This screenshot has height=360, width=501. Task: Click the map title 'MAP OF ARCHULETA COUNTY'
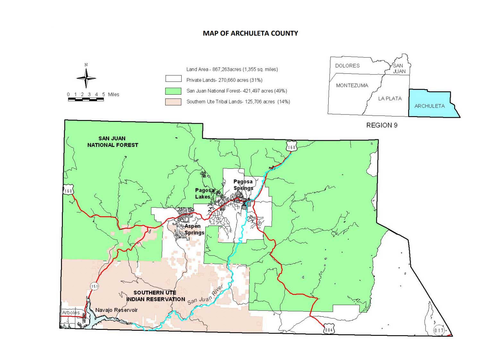click(x=250, y=33)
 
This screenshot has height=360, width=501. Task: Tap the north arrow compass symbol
click(x=86, y=78)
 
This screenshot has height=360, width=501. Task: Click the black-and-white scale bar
click(x=86, y=99)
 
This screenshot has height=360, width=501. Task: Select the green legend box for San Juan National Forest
click(x=173, y=91)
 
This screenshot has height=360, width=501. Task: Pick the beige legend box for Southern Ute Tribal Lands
click(x=173, y=102)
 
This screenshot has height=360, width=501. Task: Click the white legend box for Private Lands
click(x=173, y=79)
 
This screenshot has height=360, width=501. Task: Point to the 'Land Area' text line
click(x=232, y=69)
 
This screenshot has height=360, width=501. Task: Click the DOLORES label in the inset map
click(x=347, y=66)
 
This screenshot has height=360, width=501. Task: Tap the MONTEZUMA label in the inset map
click(x=352, y=85)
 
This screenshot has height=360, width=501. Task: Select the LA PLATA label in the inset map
click(x=390, y=99)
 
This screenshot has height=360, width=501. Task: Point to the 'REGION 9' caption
click(x=382, y=125)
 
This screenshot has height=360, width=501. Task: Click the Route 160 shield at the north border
click(x=291, y=147)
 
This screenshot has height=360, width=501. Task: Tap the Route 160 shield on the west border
click(x=68, y=191)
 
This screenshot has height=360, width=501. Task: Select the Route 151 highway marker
click(x=94, y=286)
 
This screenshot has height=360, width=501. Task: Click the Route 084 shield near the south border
click(x=329, y=330)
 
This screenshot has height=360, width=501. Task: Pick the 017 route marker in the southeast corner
click(x=439, y=330)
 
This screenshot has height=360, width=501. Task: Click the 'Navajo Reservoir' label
click(x=116, y=310)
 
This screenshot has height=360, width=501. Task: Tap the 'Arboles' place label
click(x=71, y=313)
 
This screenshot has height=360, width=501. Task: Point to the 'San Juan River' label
click(x=205, y=295)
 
